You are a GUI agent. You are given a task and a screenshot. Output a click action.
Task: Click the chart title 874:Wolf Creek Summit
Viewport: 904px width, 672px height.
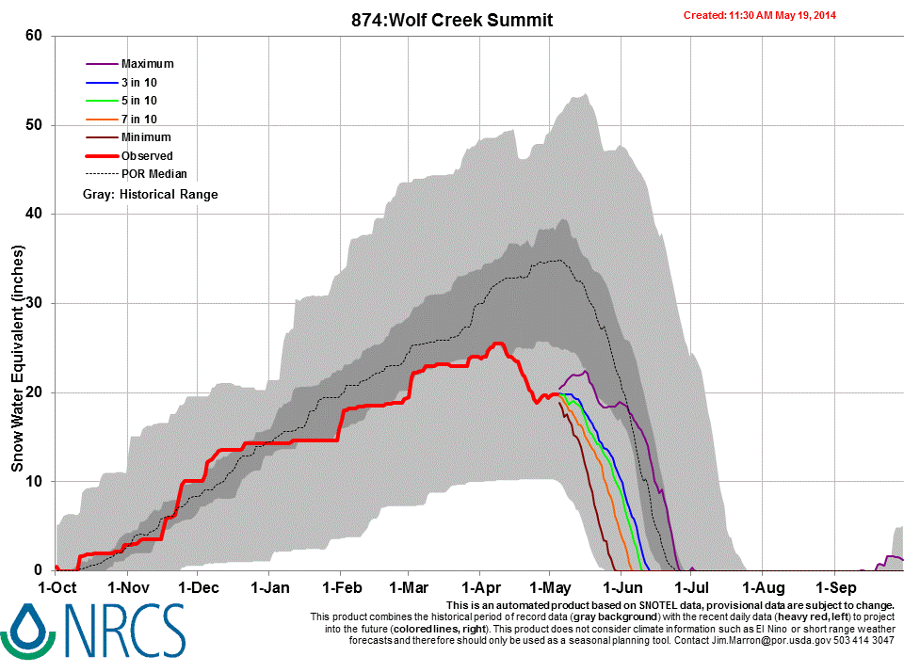(x=451, y=20)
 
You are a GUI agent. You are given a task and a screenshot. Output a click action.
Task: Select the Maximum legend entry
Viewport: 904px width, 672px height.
(x=147, y=64)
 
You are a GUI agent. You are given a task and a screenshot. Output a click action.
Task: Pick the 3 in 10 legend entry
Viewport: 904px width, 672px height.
(x=138, y=83)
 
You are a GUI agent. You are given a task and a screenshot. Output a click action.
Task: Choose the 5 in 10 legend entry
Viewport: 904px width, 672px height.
(x=138, y=101)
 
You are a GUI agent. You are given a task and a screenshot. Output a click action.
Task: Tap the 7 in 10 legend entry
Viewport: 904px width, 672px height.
(x=138, y=119)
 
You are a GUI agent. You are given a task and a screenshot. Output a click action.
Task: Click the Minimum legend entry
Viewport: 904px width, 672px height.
(x=146, y=137)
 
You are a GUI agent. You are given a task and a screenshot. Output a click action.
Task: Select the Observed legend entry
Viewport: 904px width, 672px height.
(x=146, y=155)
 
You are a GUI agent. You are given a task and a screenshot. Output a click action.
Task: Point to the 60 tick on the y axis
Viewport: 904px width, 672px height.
(x=35, y=36)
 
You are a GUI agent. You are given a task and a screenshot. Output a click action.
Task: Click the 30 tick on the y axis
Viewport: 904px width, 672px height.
(x=35, y=303)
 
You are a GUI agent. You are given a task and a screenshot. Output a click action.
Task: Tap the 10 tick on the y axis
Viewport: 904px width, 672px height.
(x=35, y=481)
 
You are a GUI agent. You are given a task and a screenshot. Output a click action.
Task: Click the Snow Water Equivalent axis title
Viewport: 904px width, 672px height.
(x=17, y=359)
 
